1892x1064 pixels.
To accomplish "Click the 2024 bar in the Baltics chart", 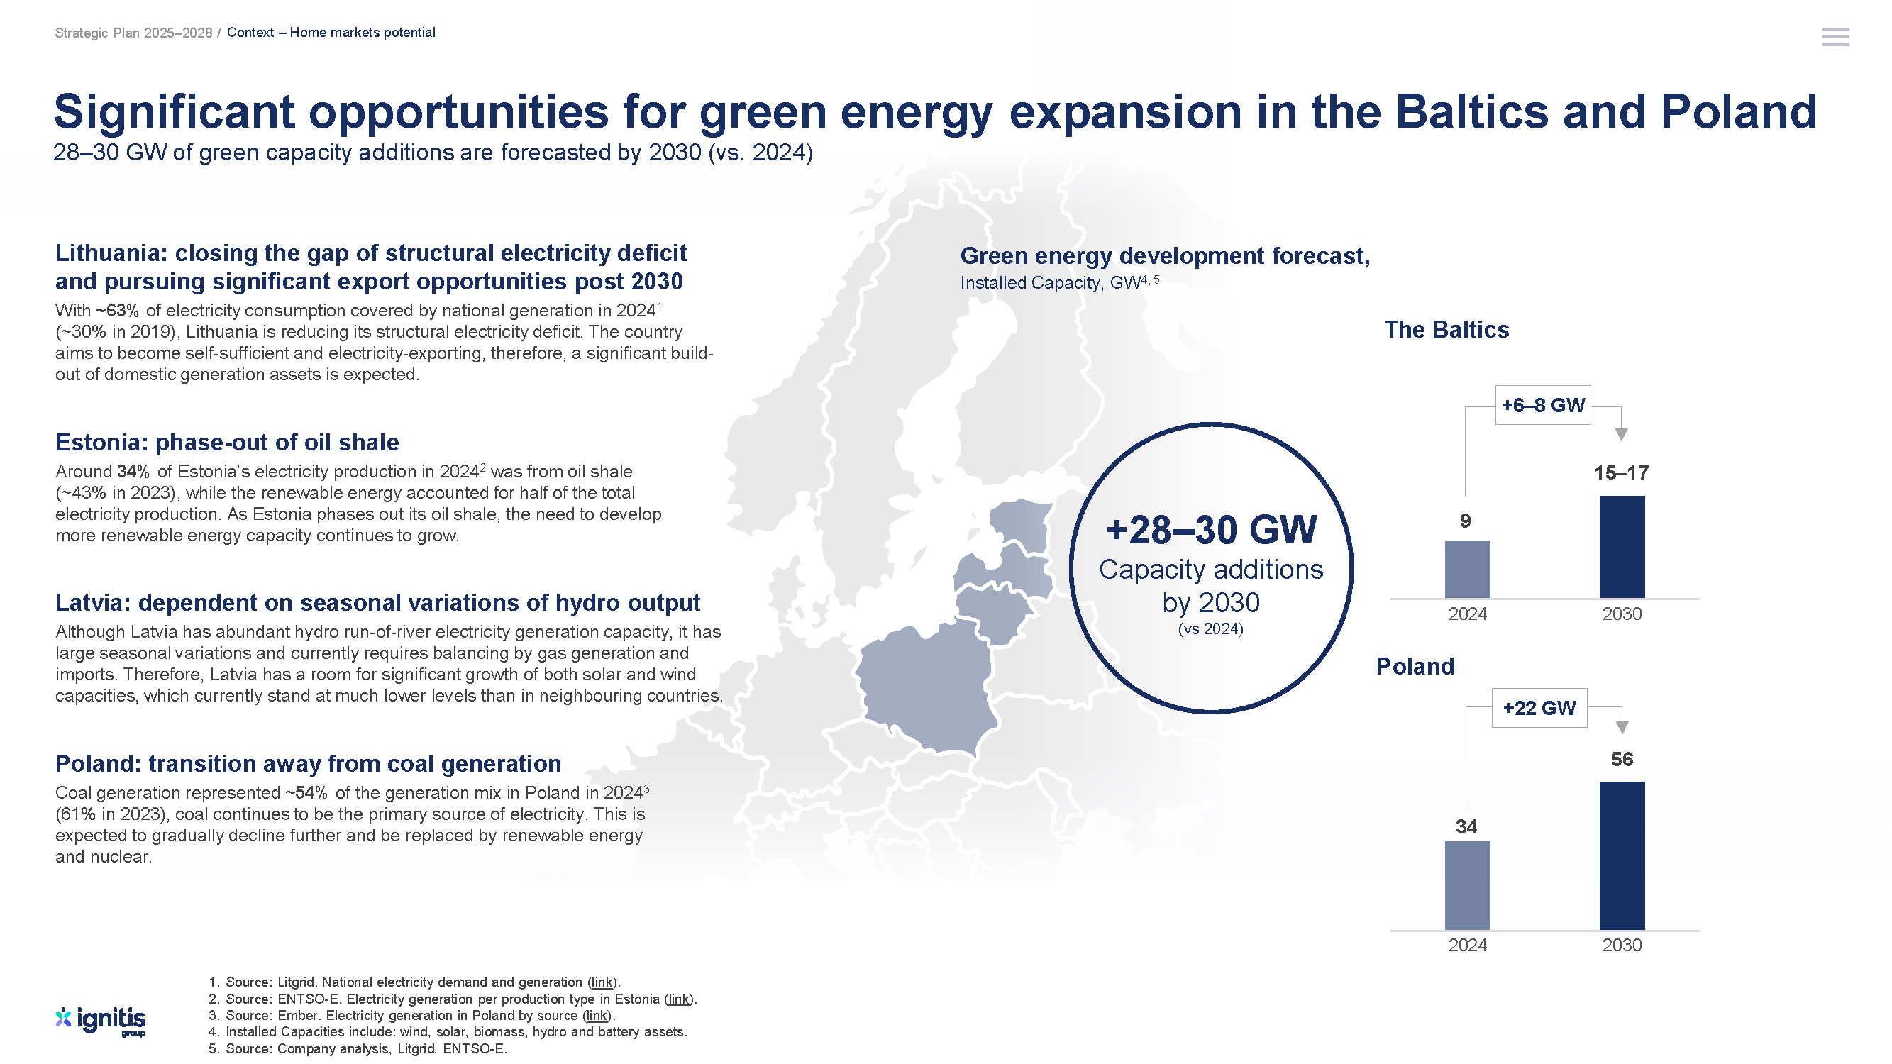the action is (x=1467, y=569).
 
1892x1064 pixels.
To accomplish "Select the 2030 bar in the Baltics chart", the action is (x=1622, y=547).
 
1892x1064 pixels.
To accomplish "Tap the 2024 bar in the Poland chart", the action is (x=1467, y=885).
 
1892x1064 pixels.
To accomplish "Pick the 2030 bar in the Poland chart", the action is (x=1622, y=856).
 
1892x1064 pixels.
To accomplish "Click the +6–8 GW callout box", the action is (x=1543, y=405).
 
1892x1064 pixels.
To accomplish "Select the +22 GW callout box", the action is (x=1539, y=708).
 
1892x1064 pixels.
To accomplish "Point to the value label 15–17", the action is (x=1621, y=473).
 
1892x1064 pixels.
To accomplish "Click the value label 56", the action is (x=1622, y=759).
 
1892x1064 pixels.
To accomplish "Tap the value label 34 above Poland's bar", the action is (x=1466, y=827).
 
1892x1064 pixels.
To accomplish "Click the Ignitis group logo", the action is (x=101, y=1021).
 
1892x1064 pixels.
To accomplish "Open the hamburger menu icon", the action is (x=1835, y=38).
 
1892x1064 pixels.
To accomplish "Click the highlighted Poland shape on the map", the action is (x=926, y=687).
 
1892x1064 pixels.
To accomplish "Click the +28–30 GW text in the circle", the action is (x=1211, y=530).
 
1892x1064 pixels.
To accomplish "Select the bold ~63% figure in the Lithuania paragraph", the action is (x=117, y=311).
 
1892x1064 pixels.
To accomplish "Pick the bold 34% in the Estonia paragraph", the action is (x=133, y=472).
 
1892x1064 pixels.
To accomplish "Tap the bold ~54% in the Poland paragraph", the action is (x=306, y=793).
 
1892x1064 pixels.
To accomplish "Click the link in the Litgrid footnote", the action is (x=602, y=982).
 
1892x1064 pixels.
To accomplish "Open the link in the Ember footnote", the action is (x=597, y=1016).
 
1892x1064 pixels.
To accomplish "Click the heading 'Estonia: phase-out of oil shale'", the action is (x=227, y=443).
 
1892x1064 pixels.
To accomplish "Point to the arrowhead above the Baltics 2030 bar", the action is (x=1622, y=435).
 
